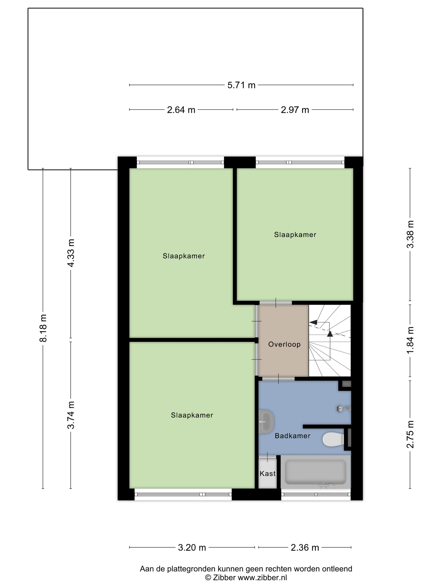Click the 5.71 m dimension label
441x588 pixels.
pos(241,85)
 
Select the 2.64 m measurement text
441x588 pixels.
pos(181,110)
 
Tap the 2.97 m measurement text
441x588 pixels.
pos(295,110)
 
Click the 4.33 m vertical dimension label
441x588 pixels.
pos(71,253)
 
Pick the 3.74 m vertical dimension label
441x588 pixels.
pos(71,415)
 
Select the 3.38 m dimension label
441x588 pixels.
pos(410,234)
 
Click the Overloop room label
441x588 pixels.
pos(284,344)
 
